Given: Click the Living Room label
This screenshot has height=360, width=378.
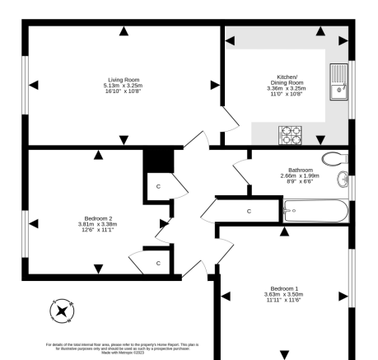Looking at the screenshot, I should (x=123, y=80).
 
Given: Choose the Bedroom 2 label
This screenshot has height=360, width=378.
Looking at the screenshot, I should (x=98, y=217).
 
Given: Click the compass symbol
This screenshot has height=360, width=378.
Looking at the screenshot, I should (x=63, y=311).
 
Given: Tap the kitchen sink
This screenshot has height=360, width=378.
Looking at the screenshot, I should (x=339, y=80).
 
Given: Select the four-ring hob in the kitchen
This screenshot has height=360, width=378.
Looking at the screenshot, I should (x=291, y=134).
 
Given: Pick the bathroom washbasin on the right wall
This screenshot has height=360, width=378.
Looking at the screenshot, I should (x=344, y=179).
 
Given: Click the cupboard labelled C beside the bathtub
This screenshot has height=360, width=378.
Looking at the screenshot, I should (x=249, y=212).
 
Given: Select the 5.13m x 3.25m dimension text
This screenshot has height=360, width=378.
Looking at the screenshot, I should (x=123, y=86).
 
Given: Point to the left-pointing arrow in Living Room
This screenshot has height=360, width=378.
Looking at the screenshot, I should (x=34, y=83).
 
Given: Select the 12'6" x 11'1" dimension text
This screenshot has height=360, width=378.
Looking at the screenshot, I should (x=98, y=230).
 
